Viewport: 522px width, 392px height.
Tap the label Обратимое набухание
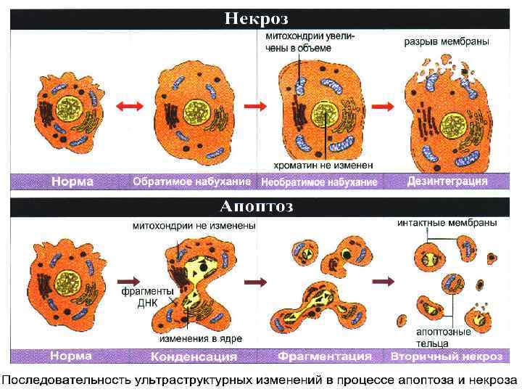tap(191, 181)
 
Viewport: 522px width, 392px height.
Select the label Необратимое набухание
tap(319, 181)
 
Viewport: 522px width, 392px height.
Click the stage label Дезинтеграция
tap(447, 181)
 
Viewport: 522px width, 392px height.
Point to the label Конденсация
tap(194, 356)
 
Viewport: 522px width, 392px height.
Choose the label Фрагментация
tap(324, 356)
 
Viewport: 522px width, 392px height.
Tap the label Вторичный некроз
tap(447, 356)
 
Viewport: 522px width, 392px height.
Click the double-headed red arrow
tap(131, 107)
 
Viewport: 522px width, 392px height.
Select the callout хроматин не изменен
tap(323, 164)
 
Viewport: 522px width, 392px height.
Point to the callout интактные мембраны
tap(447, 223)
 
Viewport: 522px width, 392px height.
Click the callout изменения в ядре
tap(201, 338)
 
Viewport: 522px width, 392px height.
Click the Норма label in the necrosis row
tap(72, 181)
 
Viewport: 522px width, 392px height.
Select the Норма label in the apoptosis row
tap(70, 356)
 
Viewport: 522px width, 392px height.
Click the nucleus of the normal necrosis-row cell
tap(72, 109)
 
